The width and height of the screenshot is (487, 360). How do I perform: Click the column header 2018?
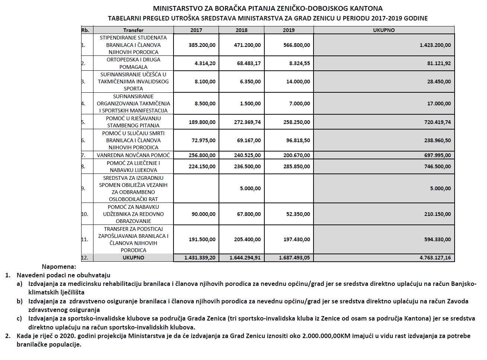(x=241, y=30)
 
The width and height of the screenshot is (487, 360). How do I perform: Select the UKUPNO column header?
(x=383, y=30)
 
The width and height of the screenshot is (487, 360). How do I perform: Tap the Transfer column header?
(x=133, y=30)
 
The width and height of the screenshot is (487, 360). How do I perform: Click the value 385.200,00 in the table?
(x=202, y=45)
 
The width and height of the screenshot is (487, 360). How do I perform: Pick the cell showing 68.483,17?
(x=249, y=63)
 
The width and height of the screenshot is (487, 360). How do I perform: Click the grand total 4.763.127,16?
(x=435, y=258)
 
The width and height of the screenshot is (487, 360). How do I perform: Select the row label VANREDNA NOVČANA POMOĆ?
(x=133, y=155)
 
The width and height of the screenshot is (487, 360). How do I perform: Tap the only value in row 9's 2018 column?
(x=250, y=188)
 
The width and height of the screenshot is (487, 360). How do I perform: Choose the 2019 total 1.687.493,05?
(x=294, y=258)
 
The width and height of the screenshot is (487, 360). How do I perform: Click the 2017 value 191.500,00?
(x=202, y=239)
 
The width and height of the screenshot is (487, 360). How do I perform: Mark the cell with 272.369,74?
(x=247, y=122)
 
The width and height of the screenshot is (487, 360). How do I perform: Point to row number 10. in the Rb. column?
(x=85, y=214)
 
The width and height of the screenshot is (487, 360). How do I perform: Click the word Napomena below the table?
(x=58, y=267)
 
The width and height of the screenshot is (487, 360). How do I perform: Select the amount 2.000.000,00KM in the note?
(x=328, y=336)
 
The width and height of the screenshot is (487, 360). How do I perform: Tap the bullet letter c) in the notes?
(x=20, y=318)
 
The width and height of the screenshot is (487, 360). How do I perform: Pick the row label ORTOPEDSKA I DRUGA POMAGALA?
(x=133, y=63)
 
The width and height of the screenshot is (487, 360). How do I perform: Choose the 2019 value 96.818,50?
(x=297, y=140)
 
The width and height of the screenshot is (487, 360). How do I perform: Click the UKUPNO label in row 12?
(x=133, y=258)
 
